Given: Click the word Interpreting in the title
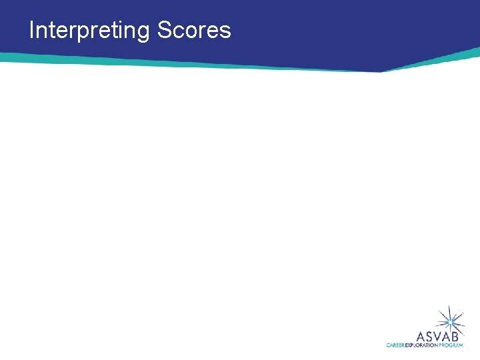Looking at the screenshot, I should point(90,31).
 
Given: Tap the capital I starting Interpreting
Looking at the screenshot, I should point(32,30).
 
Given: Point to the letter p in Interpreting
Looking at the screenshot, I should point(83,32).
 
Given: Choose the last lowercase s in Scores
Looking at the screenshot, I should point(225,32).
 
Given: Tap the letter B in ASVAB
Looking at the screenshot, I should point(459,335).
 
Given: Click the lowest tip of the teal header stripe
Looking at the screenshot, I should point(381,71).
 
